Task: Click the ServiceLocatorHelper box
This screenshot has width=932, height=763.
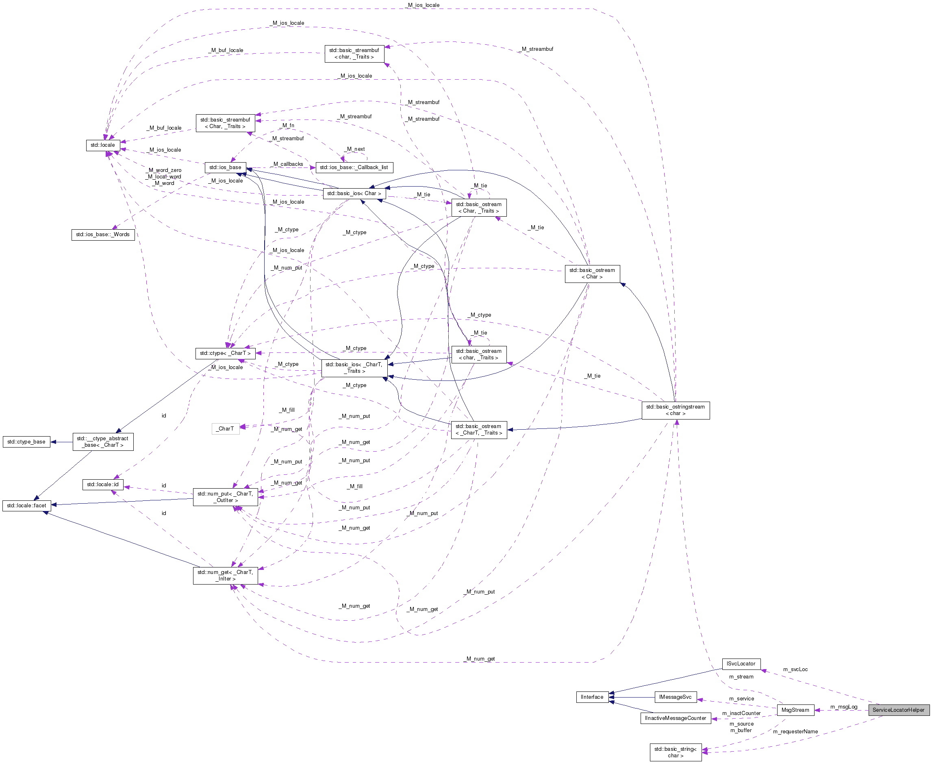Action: (898, 710)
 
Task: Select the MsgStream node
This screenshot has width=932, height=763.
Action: (795, 710)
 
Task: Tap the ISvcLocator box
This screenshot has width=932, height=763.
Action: (741, 664)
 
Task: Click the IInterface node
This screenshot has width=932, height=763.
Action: (592, 697)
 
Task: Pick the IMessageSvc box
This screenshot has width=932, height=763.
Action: (676, 697)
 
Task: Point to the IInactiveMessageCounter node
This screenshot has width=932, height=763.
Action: (676, 718)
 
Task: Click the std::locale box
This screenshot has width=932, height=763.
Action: (102, 145)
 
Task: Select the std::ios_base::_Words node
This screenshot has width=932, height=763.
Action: (103, 234)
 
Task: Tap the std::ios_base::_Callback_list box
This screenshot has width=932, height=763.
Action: (354, 167)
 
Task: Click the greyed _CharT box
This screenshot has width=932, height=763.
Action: (226, 428)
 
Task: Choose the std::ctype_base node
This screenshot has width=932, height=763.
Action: (26, 442)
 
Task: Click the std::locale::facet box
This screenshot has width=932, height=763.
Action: (26, 505)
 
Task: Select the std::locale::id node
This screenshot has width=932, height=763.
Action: (102, 485)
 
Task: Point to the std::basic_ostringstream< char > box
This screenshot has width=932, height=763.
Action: (676, 410)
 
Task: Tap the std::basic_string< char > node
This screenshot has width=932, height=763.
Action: (676, 752)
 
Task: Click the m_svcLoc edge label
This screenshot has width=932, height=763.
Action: (795, 670)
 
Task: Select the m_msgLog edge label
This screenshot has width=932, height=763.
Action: (844, 707)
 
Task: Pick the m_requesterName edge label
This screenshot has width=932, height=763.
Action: (795, 732)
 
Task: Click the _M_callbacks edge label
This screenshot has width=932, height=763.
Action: (288, 164)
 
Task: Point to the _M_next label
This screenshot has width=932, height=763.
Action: (355, 150)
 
